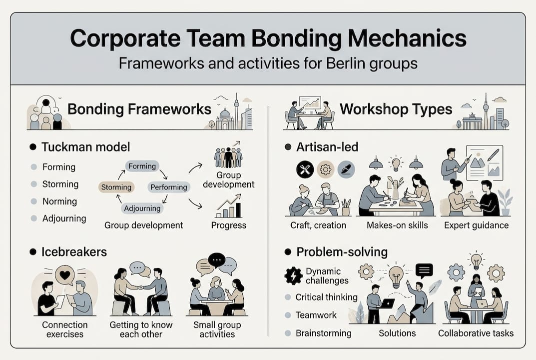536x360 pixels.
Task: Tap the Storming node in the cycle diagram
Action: (x=116, y=187)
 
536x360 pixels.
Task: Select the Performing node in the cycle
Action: (x=169, y=187)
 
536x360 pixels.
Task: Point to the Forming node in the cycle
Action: (x=142, y=166)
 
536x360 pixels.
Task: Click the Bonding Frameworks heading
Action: (x=139, y=109)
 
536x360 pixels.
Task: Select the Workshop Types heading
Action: (x=396, y=109)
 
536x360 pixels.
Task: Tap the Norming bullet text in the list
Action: (x=59, y=201)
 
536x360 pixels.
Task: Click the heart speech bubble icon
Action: (x=65, y=275)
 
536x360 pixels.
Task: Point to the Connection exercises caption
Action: (x=64, y=329)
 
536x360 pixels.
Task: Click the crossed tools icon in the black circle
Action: (x=304, y=169)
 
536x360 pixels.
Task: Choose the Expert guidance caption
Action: (x=476, y=225)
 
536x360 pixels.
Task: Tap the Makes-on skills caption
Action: (x=397, y=225)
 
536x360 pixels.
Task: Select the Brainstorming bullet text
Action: (x=323, y=333)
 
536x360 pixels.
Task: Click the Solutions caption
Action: (x=397, y=333)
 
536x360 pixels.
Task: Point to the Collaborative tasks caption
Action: (x=476, y=333)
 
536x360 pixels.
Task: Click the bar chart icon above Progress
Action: (x=228, y=207)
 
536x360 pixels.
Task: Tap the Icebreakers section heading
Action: (x=74, y=251)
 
